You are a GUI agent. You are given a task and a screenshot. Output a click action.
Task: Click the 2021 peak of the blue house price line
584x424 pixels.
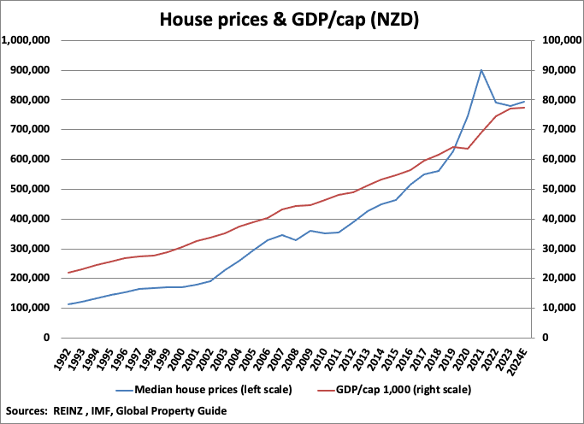pyautogui.click(x=481, y=70)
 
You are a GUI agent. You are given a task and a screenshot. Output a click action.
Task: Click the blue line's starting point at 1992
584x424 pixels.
pyautogui.click(x=68, y=304)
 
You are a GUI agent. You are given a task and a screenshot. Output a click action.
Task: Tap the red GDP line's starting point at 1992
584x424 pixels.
pyautogui.click(x=68, y=273)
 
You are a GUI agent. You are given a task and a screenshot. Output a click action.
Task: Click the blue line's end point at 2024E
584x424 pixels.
pyautogui.click(x=524, y=102)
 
